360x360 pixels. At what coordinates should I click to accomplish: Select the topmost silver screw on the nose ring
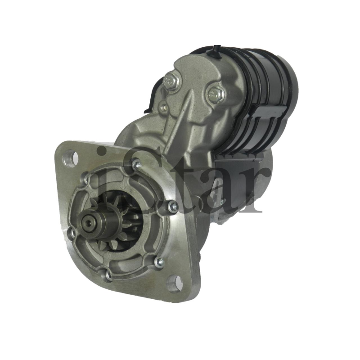[x=137, y=164]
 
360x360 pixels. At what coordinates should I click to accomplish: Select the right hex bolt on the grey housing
[x=215, y=94]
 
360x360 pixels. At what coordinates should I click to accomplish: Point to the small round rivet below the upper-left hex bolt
[x=164, y=107]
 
